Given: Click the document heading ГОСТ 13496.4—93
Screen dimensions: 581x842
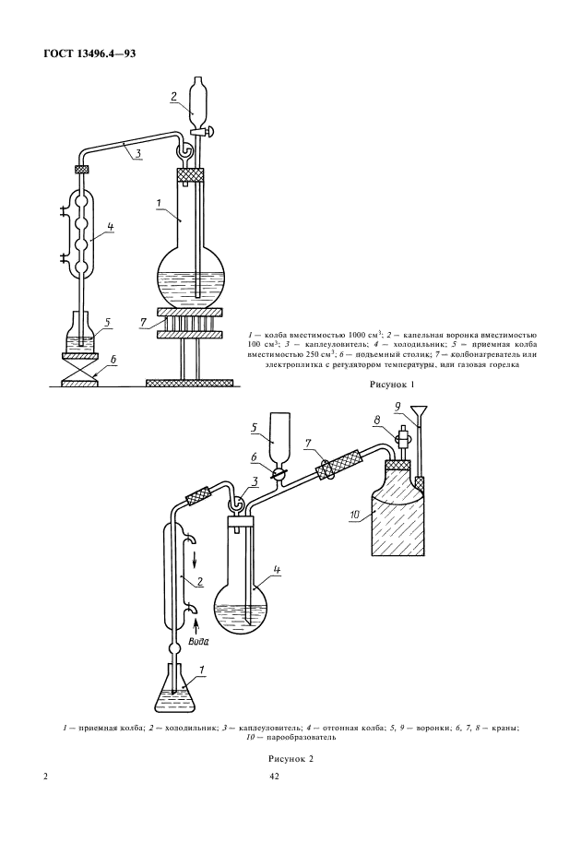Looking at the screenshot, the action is coord(89,53).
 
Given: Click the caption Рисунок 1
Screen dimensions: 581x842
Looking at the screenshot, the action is coord(392,385).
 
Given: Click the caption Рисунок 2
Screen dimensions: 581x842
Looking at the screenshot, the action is coord(290,759).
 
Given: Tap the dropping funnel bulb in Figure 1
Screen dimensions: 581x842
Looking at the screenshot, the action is coord(197,97).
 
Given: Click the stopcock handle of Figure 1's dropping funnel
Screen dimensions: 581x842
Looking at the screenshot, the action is coord(210,129).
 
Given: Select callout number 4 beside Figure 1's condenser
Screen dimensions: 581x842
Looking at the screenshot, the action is coord(110,227).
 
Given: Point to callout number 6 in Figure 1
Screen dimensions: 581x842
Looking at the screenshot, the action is coord(113,360).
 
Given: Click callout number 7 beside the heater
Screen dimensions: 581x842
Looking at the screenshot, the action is coord(143,322).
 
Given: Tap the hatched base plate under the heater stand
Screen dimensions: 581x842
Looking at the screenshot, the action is coord(190,383).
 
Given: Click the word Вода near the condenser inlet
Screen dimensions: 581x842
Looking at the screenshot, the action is coord(198,641).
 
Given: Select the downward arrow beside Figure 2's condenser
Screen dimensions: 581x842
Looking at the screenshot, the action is coord(195,560).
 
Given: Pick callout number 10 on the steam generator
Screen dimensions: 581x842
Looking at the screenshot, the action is coord(355,515).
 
